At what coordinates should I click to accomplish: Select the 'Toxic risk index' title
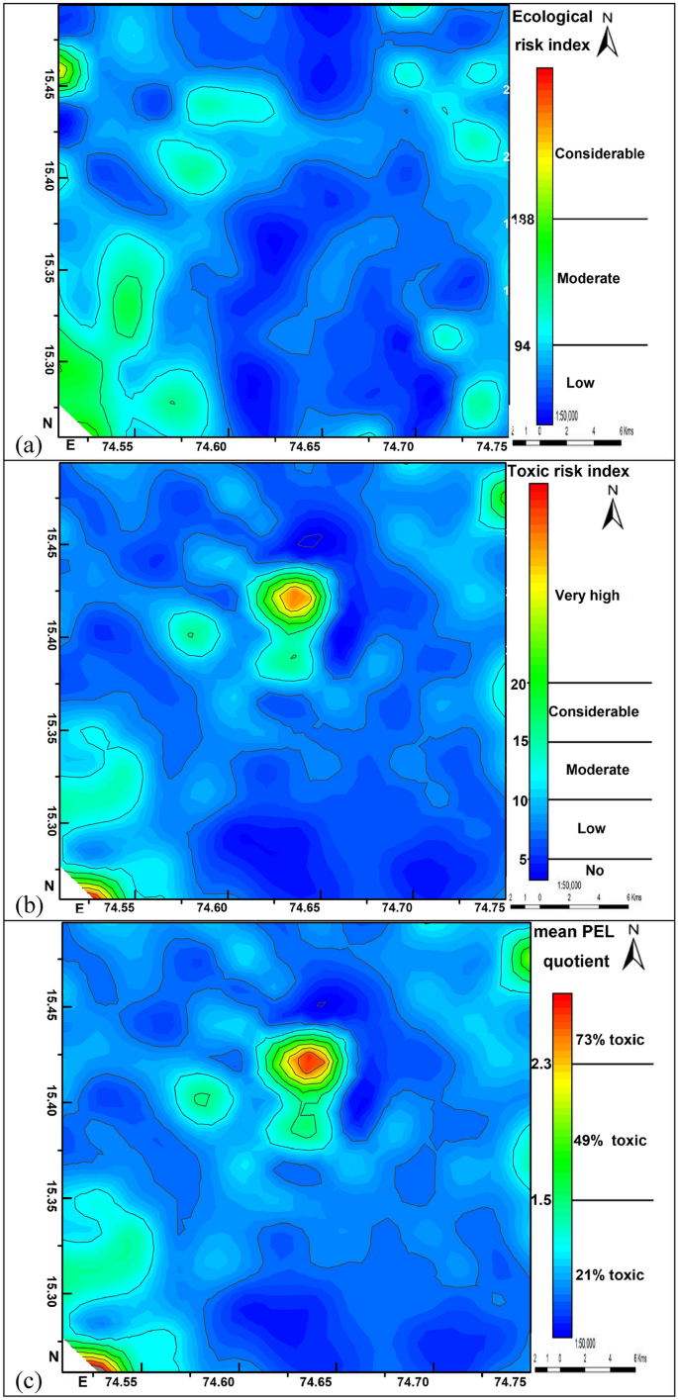tap(568, 471)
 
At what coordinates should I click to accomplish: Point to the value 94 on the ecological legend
tap(521, 345)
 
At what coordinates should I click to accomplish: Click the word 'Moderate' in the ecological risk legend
tap(588, 279)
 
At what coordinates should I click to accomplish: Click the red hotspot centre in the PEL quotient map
tap(308, 1062)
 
